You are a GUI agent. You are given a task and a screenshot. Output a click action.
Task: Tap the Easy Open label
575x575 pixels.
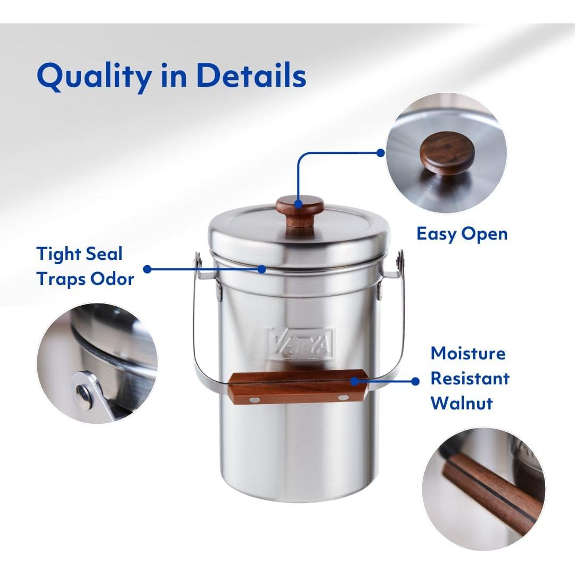coord(462,234)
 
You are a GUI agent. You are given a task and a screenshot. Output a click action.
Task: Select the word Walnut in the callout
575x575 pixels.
coord(462,402)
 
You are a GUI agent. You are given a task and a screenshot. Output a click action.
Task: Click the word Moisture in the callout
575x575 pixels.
coord(468,353)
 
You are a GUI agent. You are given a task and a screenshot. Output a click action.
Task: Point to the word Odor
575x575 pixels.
coord(110,278)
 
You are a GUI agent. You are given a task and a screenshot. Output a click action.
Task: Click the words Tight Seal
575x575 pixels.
coord(80,253)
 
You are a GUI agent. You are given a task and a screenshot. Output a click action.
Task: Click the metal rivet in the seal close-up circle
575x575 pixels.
coord(84,393)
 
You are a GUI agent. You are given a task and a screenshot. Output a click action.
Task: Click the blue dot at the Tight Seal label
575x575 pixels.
coord(147,269)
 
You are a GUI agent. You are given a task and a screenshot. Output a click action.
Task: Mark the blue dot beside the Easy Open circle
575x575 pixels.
coord(380,152)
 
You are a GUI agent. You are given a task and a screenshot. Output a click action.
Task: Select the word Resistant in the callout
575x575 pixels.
coord(470,378)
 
